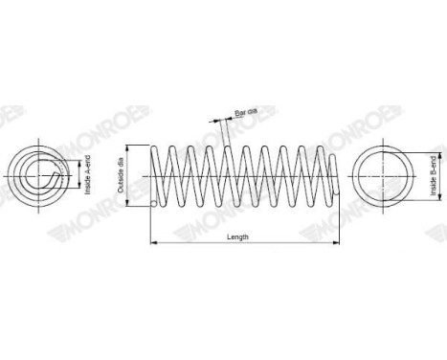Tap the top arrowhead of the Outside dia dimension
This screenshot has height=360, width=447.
pyautogui.click(x=132, y=146)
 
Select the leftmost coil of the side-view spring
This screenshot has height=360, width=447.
pyautogui.click(x=163, y=175)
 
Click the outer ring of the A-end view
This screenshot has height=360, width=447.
pyautogui.click(x=13, y=175)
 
